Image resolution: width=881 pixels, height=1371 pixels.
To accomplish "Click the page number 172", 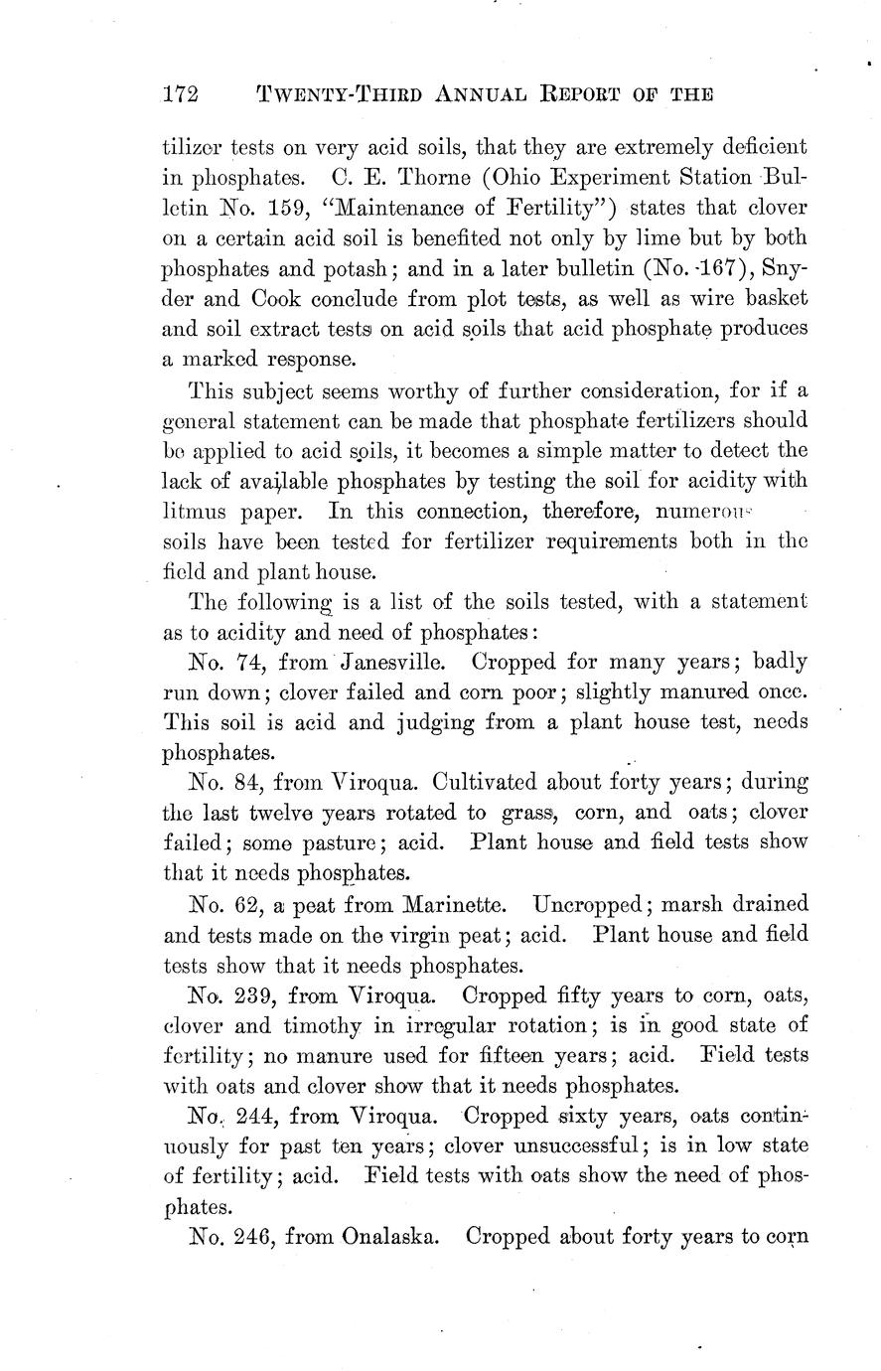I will pyautogui.click(x=181, y=94).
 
